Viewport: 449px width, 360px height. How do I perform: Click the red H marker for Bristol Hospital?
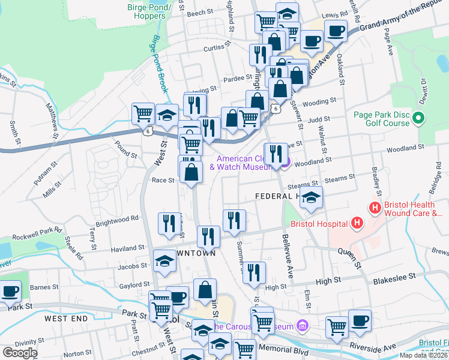(357, 224)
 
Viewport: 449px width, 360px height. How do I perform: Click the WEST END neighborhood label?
(65, 318)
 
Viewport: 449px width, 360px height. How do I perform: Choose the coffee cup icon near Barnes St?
(9, 291)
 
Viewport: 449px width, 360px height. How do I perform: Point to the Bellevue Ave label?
(285, 255)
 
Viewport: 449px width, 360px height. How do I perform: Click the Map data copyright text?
(422, 355)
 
